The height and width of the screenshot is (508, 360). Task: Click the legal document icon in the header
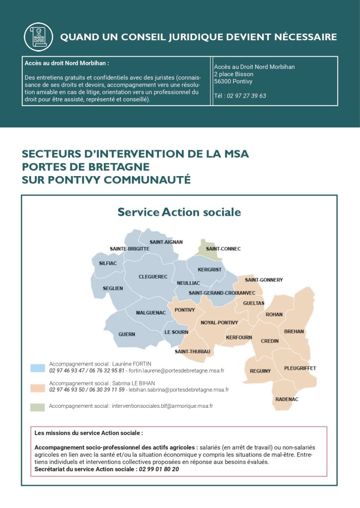[x=38, y=37]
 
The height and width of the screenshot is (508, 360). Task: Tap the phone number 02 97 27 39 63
[x=246, y=96]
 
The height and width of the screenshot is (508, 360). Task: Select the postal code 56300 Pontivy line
[x=233, y=81]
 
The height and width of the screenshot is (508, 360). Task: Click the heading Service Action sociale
[x=179, y=212]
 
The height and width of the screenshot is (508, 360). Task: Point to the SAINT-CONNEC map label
[x=223, y=249]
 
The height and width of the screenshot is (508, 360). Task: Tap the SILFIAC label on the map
[x=108, y=263]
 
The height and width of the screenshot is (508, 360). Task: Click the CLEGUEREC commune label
[x=153, y=276]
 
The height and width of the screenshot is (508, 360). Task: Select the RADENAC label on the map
[x=287, y=399]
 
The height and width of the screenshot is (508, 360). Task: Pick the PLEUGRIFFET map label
[x=300, y=368]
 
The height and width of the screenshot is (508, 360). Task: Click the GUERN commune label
[x=127, y=334]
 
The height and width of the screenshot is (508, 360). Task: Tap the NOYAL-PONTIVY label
[x=219, y=322]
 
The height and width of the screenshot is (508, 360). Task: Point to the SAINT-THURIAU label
[x=192, y=352]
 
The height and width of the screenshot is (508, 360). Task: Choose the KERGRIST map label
[x=210, y=269]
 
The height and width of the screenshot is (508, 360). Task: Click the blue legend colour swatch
[x=38, y=368]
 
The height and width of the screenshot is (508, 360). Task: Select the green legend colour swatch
[x=38, y=406]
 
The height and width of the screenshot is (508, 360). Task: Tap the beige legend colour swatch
[x=38, y=387]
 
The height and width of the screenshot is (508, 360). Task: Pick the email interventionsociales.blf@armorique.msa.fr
[x=162, y=406]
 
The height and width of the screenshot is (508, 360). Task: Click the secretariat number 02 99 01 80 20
[x=159, y=469]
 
